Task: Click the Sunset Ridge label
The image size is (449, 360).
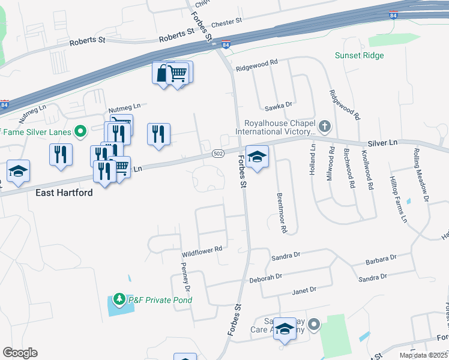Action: (360, 56)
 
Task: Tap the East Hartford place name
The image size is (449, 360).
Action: (64, 193)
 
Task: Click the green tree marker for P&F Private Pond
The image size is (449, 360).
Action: (119, 299)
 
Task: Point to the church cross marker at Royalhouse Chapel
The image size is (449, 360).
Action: (325, 126)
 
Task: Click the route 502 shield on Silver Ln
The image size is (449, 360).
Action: (218, 154)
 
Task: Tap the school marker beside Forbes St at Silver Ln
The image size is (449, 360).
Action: (257, 157)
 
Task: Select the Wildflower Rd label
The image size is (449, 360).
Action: (202, 248)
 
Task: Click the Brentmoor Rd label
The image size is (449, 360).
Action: (280, 212)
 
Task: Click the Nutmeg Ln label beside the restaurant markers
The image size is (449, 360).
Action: (123, 109)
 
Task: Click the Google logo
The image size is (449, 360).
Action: (20, 352)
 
